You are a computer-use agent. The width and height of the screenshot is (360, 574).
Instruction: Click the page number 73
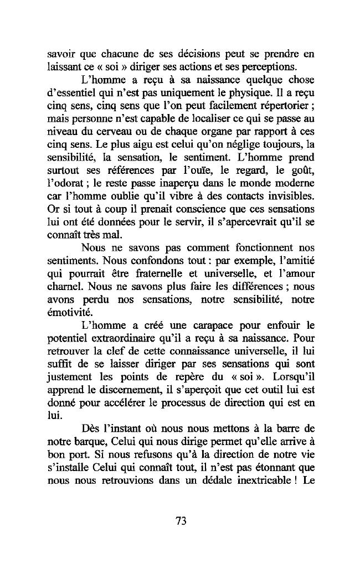tap(180, 520)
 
